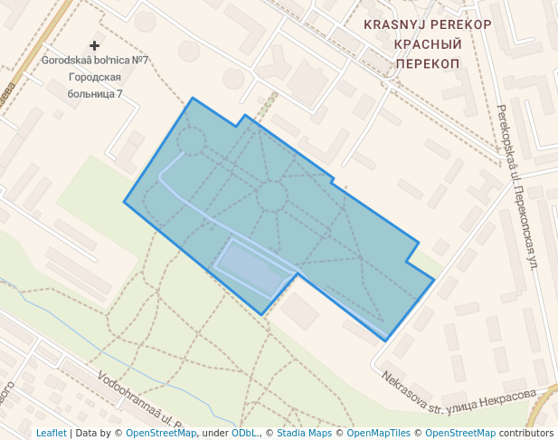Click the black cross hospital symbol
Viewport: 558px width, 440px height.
tap(95, 44)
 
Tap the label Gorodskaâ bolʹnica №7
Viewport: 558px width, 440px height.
tap(95, 61)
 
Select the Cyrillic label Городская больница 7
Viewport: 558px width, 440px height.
tap(95, 85)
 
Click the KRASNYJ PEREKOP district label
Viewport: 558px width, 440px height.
tap(428, 24)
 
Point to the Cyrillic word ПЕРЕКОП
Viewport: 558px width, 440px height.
tap(428, 63)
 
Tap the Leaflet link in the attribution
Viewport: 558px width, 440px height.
tap(51, 433)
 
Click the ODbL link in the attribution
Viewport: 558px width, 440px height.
tap(245, 433)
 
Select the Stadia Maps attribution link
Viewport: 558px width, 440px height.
tap(304, 433)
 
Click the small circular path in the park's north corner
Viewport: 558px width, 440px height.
tap(191, 140)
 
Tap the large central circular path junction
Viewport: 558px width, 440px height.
tap(271, 196)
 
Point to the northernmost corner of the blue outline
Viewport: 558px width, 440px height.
tap(193, 98)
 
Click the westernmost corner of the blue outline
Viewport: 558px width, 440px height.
tap(124, 202)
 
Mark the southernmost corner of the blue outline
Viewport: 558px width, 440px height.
tap(387, 340)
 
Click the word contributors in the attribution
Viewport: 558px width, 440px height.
tap(526, 433)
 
